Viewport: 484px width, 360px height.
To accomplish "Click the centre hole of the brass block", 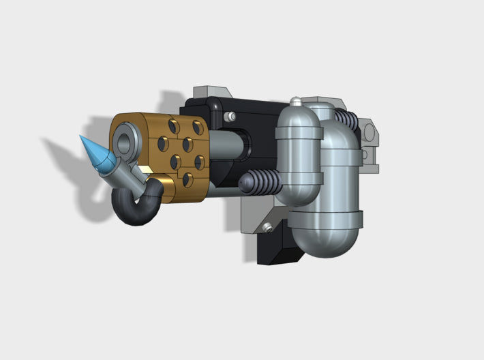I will pos(186,145).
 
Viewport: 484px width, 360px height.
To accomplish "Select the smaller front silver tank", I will pos(297,157).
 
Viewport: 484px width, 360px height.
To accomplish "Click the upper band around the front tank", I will pos(298,129).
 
